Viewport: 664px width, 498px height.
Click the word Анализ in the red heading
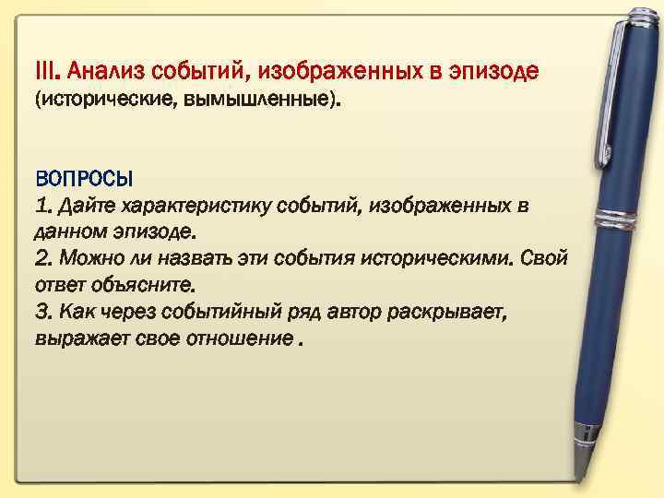click(108, 70)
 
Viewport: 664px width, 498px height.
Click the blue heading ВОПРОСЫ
click(84, 177)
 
